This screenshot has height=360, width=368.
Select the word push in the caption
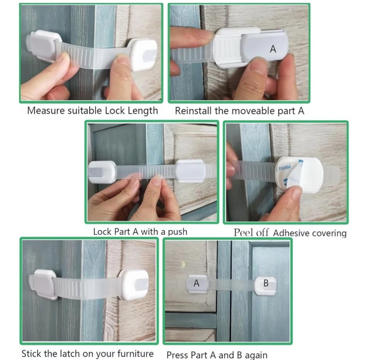click(x=178, y=232)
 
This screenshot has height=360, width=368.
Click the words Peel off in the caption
click(x=251, y=233)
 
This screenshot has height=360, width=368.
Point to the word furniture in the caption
click(x=135, y=353)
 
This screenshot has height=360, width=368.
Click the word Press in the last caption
click(x=177, y=355)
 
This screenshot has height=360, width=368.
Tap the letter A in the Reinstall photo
click(x=273, y=49)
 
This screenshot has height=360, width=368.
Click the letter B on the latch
click(x=266, y=283)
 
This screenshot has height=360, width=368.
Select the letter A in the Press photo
click(x=197, y=283)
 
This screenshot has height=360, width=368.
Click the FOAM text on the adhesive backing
click(x=285, y=168)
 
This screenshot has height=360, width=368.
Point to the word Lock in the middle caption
click(x=102, y=232)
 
